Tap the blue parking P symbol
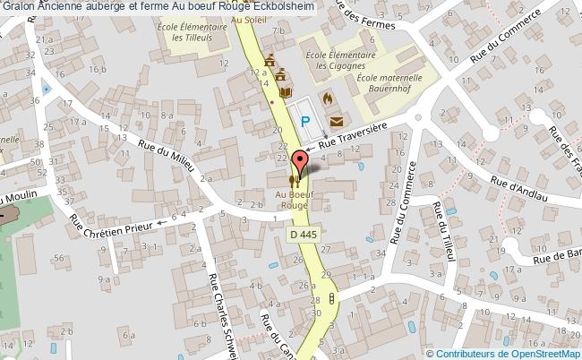coord(305,122)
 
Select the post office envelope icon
coord(336,120)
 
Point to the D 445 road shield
coord(304,233)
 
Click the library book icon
coord(286,92)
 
